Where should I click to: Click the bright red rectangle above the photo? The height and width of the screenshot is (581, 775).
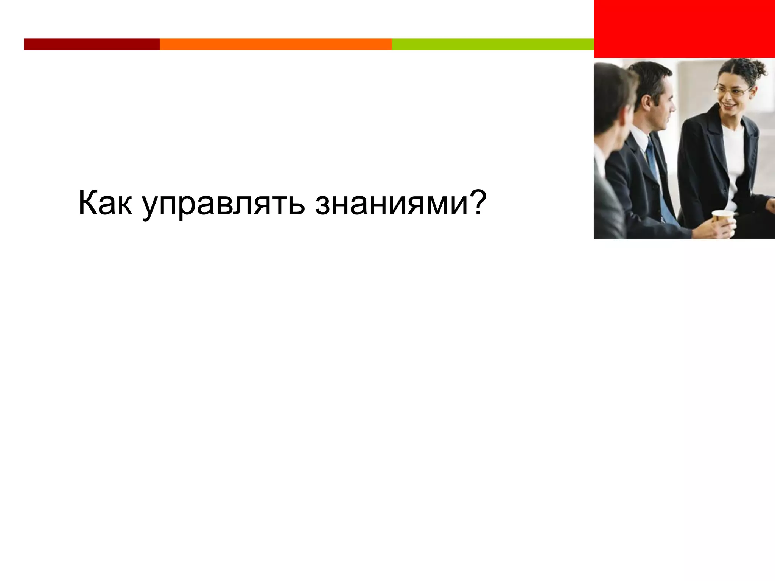[684, 29]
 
